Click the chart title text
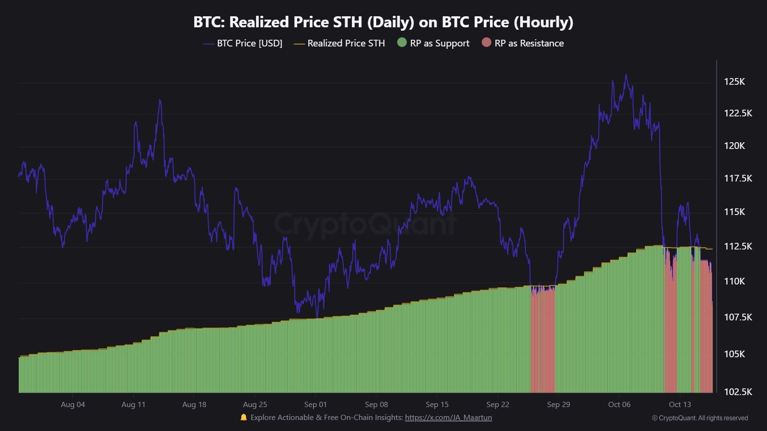[x=383, y=22]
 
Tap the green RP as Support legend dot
[x=402, y=43]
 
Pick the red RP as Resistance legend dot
[x=487, y=43]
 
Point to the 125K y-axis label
[x=734, y=81]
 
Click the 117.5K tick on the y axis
[x=738, y=178]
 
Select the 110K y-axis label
[x=734, y=281]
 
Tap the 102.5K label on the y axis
[x=738, y=392]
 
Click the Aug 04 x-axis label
[x=73, y=404]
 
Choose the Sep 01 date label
[x=315, y=404]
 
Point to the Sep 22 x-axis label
[x=498, y=404]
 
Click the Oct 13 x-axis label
[x=680, y=404]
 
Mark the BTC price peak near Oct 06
[x=626, y=75]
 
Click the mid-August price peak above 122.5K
[x=160, y=101]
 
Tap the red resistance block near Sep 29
[x=543, y=340]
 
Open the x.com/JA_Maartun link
[x=448, y=418]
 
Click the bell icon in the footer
[x=244, y=417]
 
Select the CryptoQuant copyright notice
[x=700, y=418]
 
